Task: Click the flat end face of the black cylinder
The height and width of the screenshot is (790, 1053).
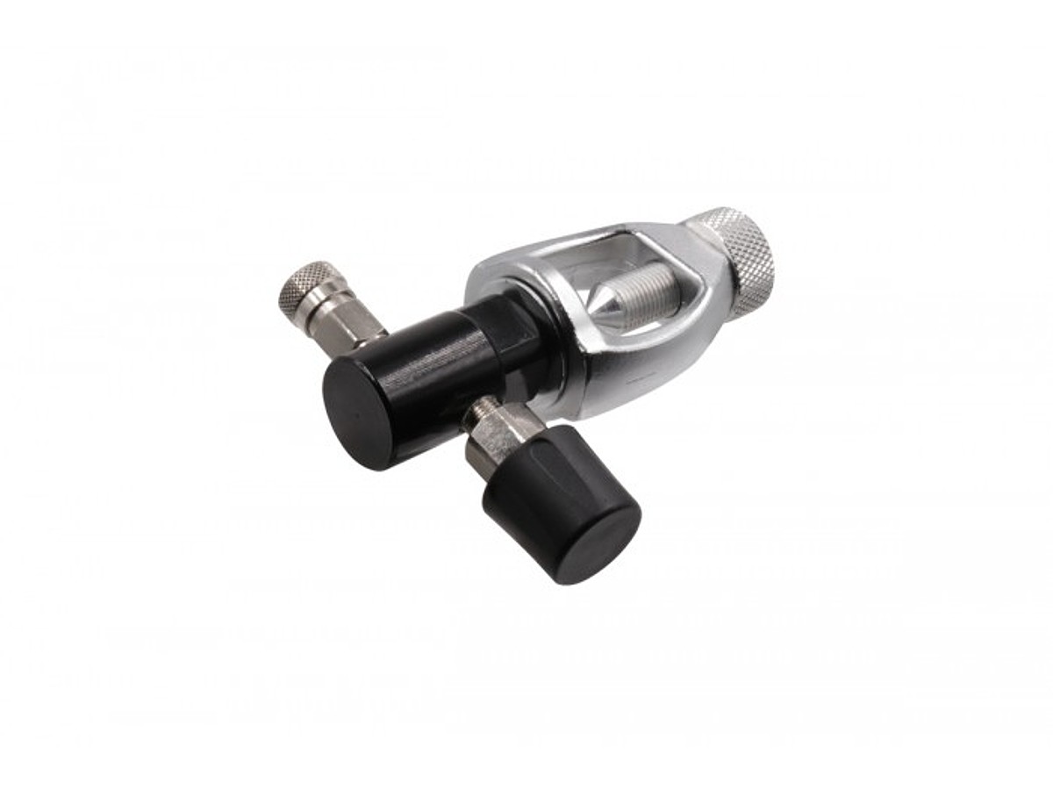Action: [x=359, y=413]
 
